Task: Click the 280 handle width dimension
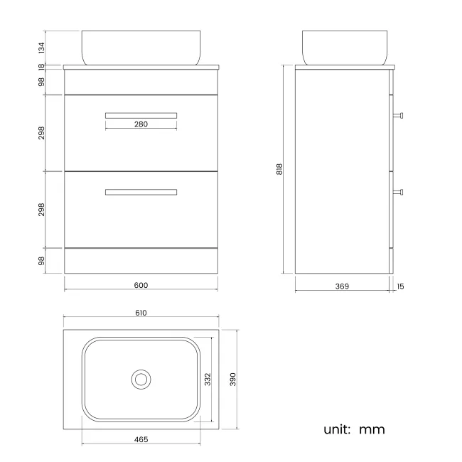click(x=141, y=124)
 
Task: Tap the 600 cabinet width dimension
click(x=141, y=285)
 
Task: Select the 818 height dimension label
click(x=280, y=169)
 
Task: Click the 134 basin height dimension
click(x=41, y=48)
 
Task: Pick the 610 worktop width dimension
click(x=141, y=313)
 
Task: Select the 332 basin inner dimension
click(x=208, y=379)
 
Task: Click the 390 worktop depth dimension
click(x=232, y=379)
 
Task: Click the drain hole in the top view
click(x=141, y=379)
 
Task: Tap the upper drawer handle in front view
click(x=141, y=114)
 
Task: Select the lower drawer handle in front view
click(x=141, y=191)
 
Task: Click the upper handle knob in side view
click(x=399, y=114)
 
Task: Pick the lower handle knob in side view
click(x=399, y=191)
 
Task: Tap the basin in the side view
click(x=345, y=47)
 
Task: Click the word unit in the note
click(x=338, y=429)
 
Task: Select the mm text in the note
click(x=372, y=429)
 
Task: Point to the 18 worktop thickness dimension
click(x=41, y=67)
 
